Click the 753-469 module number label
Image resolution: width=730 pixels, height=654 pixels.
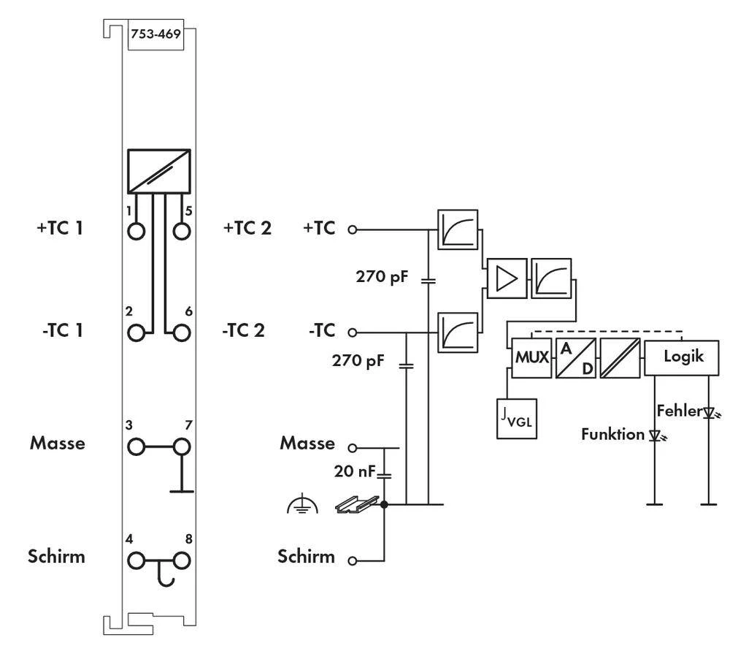pos(155,34)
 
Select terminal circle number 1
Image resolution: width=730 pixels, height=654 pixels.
pos(136,231)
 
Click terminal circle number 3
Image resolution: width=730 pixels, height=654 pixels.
pos(136,446)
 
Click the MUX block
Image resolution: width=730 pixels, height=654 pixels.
pos(531,358)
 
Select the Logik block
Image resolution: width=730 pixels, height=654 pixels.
pos(683,358)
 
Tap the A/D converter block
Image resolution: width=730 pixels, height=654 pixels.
pos(576,358)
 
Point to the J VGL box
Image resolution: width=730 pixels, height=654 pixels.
pos(517,418)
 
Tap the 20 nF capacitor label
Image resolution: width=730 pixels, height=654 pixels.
pos(353,472)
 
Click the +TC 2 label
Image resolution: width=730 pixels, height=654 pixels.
pos(247,229)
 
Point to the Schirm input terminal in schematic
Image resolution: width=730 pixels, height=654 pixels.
pos(353,561)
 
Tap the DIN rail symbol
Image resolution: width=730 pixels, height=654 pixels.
pos(358,503)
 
